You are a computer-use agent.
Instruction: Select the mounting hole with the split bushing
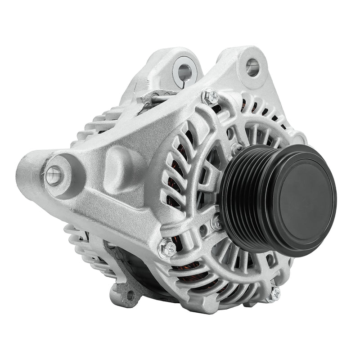point(184,72)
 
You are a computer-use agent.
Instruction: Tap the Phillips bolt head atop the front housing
point(210,97)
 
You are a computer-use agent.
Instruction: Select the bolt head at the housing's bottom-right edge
point(274,293)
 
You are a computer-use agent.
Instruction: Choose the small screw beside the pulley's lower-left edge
point(217,221)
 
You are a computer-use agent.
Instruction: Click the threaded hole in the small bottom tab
point(130,295)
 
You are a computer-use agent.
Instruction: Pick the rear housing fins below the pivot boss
point(81,243)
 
